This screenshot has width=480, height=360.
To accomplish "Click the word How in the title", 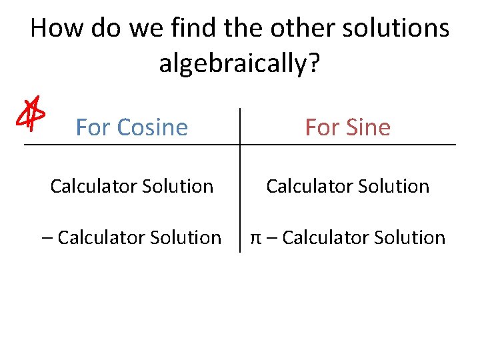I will point(55,29).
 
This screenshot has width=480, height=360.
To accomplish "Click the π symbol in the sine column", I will point(256,238).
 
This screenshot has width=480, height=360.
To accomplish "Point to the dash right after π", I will point(271,237).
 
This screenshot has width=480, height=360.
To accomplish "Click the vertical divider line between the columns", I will point(240,200).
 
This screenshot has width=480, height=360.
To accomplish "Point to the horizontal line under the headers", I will point(133,145).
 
